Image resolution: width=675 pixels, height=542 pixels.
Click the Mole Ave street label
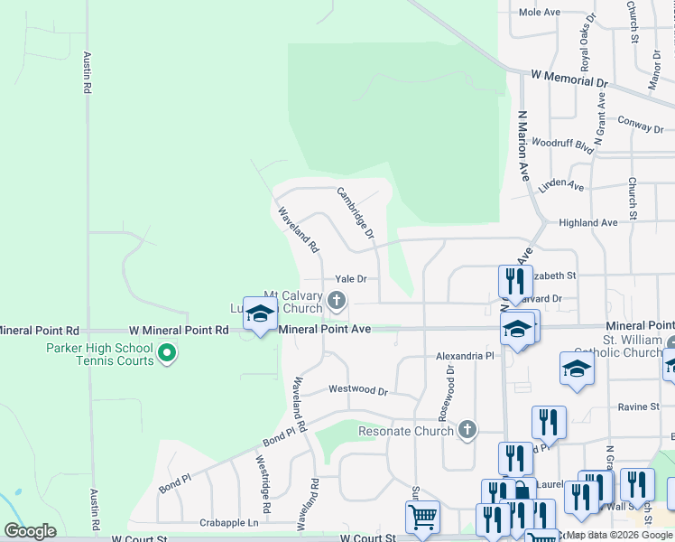(x=541, y=12)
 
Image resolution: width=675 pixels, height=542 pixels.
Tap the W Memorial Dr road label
(x=569, y=80)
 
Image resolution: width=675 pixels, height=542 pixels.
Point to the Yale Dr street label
(x=350, y=279)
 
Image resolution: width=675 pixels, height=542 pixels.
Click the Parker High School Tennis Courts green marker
(x=166, y=353)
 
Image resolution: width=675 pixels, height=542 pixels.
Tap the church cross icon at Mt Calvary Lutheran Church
(x=337, y=300)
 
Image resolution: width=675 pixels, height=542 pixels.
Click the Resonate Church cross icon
(x=467, y=430)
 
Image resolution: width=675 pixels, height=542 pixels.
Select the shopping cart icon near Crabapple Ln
(x=421, y=518)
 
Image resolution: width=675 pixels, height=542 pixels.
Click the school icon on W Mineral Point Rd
(x=260, y=314)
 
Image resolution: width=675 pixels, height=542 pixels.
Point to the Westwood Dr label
(x=357, y=390)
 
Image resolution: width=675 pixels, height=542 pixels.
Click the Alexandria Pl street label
(x=466, y=357)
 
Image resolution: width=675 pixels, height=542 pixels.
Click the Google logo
(x=30, y=531)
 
